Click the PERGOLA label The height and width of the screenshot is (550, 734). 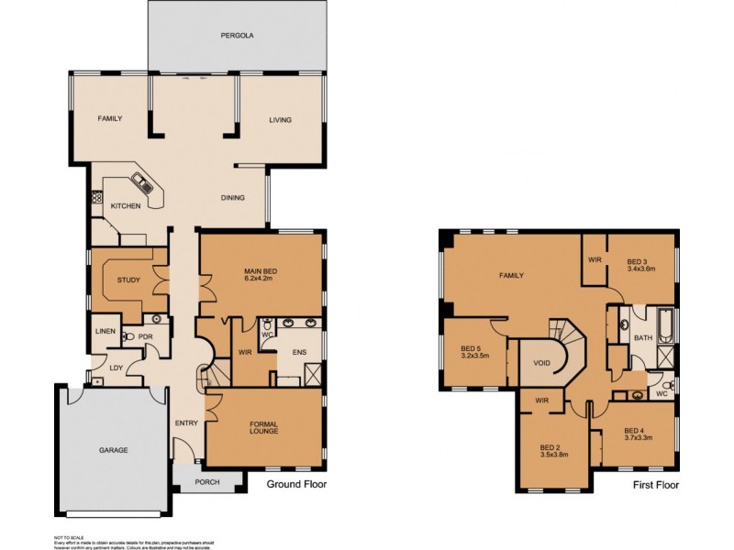(236, 36)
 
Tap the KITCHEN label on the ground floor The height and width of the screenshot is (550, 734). (126, 206)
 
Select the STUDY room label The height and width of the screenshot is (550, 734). (128, 280)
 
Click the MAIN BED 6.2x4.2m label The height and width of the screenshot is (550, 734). (261, 276)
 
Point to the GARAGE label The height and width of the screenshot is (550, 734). (114, 450)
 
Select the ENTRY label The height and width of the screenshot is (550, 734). (187, 423)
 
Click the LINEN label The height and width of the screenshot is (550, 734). (104, 331)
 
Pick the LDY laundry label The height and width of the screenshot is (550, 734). (117, 368)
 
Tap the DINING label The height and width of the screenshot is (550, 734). (232, 197)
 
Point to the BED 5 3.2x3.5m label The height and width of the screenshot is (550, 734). (475, 352)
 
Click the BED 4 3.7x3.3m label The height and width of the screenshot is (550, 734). (639, 435)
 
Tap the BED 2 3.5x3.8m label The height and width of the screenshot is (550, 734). (556, 452)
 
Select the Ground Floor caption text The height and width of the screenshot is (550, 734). (295, 485)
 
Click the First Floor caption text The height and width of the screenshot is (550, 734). (655, 485)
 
